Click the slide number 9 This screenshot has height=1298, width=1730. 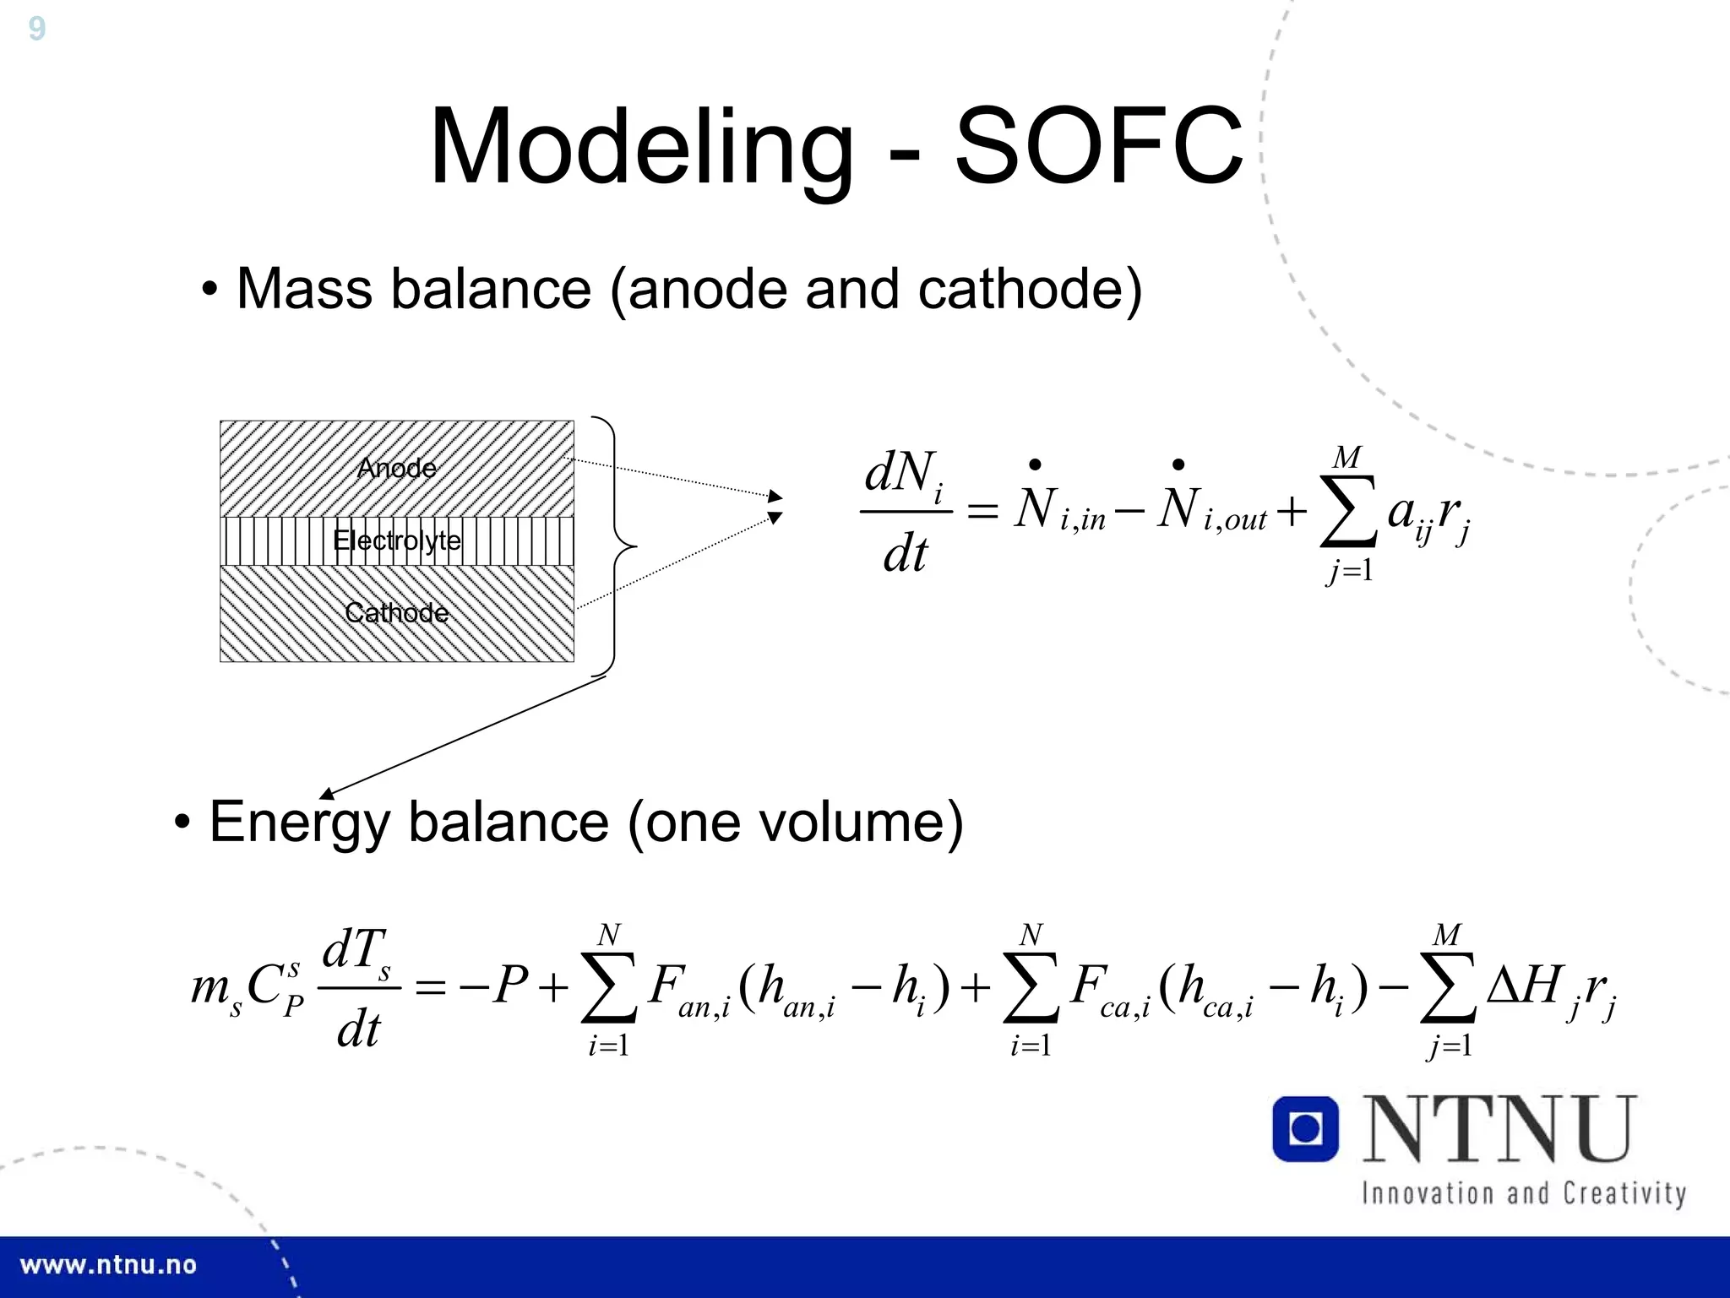click(36, 29)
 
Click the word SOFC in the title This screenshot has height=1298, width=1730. click(1098, 147)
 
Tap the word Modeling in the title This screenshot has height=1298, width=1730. click(642, 147)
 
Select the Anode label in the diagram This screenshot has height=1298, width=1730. click(397, 468)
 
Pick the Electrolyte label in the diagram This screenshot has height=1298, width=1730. click(397, 540)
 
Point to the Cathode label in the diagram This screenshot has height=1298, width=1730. click(397, 612)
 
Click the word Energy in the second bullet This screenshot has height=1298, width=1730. click(299, 822)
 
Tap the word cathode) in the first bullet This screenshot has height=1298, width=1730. click(1030, 290)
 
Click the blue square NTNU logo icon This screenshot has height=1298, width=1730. click(1305, 1129)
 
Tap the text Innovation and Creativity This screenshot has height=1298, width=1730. click(1523, 1193)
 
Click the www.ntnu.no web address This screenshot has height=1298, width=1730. click(108, 1265)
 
